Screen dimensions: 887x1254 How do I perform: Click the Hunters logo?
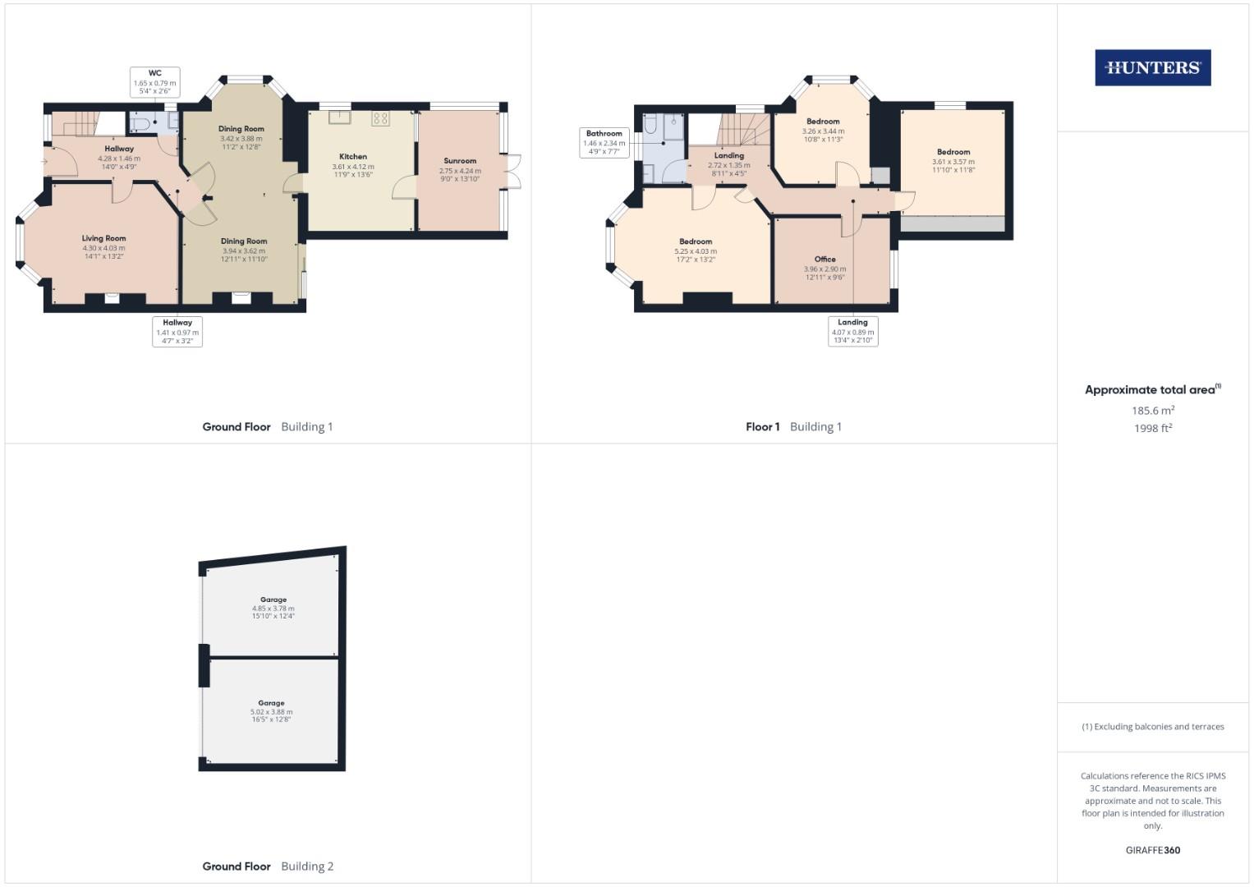tap(1152, 68)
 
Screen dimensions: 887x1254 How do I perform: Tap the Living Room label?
tap(103, 238)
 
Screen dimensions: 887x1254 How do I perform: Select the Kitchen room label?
tap(353, 156)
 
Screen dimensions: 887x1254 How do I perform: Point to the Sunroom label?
tap(460, 161)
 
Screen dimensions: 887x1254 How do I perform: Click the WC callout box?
tap(155, 82)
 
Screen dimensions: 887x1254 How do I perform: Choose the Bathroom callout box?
tap(604, 142)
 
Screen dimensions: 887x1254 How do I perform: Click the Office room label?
tap(825, 260)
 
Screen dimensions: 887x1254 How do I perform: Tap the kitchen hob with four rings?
tap(380, 117)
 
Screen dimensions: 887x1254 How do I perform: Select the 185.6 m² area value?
tap(1152, 410)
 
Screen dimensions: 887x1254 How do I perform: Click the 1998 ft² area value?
tap(1152, 428)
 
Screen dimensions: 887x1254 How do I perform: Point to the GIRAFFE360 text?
tap(1152, 850)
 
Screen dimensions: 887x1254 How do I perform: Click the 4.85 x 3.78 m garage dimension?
tap(273, 609)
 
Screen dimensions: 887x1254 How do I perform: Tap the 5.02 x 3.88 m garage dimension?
tap(271, 712)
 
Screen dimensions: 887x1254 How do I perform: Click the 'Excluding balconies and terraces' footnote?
tap(1152, 727)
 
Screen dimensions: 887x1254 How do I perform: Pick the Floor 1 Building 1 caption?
tap(793, 427)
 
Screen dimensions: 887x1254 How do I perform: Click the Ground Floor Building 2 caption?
tap(268, 866)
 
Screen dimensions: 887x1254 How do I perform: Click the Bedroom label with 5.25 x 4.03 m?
tap(696, 241)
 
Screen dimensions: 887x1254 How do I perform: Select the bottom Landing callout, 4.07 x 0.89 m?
tap(852, 331)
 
